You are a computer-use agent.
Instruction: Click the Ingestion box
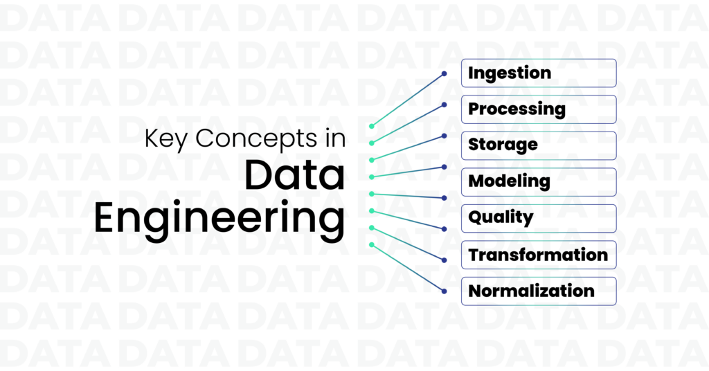pos(539,73)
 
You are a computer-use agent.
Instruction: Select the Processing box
pos(539,109)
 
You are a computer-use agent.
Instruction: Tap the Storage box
pos(539,145)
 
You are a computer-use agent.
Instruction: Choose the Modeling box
pos(539,181)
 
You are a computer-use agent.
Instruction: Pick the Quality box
pos(539,218)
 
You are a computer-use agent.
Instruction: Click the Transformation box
pos(539,255)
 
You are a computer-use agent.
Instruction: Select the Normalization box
pos(539,291)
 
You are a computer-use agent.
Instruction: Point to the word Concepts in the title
pos(256,138)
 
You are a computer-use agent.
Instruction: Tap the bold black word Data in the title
pos(295,175)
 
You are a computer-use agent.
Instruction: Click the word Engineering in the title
pos(219,218)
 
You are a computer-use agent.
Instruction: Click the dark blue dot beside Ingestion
pos(444,73)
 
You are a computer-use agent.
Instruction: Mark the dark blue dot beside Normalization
pos(444,291)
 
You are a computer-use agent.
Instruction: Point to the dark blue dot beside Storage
pos(444,136)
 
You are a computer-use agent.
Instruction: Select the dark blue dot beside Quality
pos(444,229)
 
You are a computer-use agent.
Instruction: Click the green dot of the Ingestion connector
pos(372,126)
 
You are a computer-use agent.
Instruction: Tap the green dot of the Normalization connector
pos(372,245)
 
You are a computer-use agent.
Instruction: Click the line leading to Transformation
pos(408,244)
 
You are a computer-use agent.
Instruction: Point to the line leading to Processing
pos(408,124)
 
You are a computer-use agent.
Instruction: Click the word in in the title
pos(336,138)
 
